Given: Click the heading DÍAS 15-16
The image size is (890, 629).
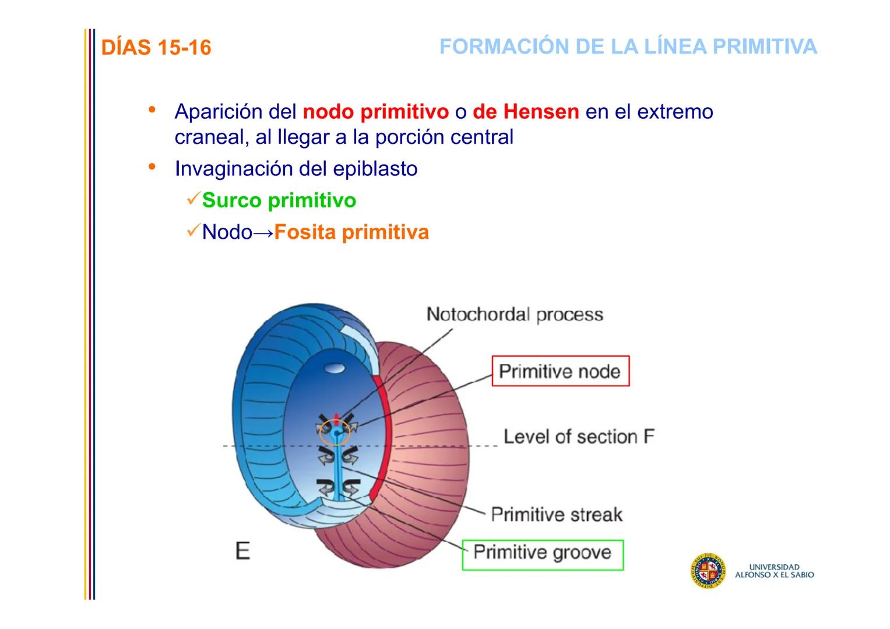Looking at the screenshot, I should (156, 48).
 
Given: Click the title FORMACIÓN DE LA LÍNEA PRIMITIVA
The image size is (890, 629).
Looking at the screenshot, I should (628, 47).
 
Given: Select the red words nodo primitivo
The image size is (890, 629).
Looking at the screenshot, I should (375, 111).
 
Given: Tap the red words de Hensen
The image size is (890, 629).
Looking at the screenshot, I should (526, 111).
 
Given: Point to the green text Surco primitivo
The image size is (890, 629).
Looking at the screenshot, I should (279, 200).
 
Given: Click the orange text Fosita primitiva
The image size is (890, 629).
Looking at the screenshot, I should (351, 232).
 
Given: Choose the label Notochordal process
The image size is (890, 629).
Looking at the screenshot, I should (515, 314).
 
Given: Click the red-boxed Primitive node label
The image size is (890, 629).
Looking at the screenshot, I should (560, 371).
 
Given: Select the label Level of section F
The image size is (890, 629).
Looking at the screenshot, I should (579, 436).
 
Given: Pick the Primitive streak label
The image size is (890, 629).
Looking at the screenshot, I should (557, 514).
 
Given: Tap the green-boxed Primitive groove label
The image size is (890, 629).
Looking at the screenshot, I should (542, 553).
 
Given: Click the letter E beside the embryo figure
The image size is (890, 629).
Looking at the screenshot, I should (243, 550).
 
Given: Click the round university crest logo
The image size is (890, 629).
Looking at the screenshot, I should (708, 570).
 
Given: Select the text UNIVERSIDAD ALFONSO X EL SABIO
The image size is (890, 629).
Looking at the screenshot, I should (774, 571).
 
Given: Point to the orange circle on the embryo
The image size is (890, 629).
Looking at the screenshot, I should (335, 433).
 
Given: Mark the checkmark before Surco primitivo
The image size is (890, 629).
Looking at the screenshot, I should (193, 199).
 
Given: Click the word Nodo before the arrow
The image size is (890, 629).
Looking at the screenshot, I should (227, 232).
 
